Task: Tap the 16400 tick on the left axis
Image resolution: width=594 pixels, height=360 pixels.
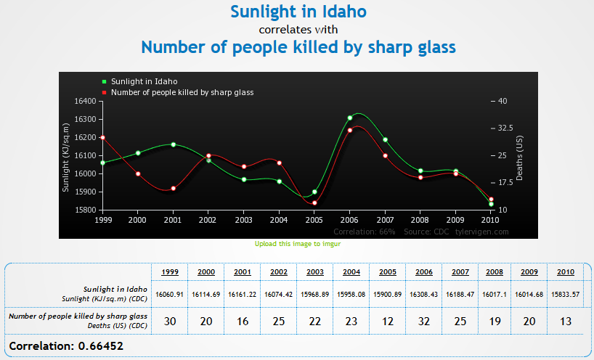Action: (85, 101)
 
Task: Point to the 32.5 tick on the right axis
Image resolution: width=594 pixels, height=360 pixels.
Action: (505, 128)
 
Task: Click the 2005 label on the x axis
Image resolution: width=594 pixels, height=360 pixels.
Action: (314, 219)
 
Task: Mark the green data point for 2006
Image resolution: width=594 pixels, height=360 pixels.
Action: (350, 118)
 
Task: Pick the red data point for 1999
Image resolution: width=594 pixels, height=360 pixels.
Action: (103, 137)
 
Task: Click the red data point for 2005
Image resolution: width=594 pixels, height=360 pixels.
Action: (314, 202)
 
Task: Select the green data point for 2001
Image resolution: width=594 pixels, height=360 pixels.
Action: (173, 144)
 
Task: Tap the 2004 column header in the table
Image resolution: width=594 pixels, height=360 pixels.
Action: (351, 271)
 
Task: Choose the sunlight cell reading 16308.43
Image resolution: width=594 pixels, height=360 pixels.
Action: (423, 294)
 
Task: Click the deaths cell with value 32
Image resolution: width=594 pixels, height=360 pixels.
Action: (423, 321)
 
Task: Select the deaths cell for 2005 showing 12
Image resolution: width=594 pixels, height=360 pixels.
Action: (387, 321)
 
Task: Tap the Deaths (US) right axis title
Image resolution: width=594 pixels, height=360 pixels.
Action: (519, 155)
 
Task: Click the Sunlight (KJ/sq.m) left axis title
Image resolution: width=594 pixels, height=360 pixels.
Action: (65, 155)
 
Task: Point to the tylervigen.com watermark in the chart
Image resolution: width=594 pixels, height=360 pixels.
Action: (481, 232)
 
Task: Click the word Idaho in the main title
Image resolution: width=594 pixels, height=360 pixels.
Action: (341, 12)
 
